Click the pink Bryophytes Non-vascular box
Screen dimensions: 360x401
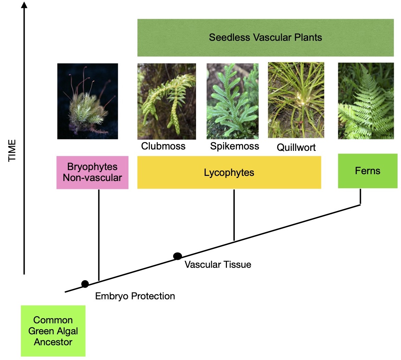pos(92,172)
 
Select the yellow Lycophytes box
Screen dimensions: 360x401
pos(229,172)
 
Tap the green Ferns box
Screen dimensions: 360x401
pos(367,171)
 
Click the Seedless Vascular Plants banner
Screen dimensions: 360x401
pos(265,37)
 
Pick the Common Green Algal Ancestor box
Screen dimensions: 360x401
pos(53,331)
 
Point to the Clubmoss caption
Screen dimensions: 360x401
pos(163,146)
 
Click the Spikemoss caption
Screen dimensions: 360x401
pos(234,146)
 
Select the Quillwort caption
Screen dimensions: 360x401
pos(296,147)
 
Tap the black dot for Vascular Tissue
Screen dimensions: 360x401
pos(178,256)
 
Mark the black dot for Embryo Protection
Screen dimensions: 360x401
pos(85,284)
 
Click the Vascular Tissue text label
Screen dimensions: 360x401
pos(218,265)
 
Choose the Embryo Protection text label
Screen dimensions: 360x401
pos(135,296)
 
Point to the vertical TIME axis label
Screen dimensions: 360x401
pos(12,150)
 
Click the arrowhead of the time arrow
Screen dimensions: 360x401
pos(24,5)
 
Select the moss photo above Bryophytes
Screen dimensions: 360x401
pos(87,101)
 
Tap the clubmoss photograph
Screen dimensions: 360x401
pos(167,101)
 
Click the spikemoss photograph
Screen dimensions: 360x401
pos(232,101)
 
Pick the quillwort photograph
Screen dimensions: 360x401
pos(296,100)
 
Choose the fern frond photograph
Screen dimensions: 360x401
pos(366,101)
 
